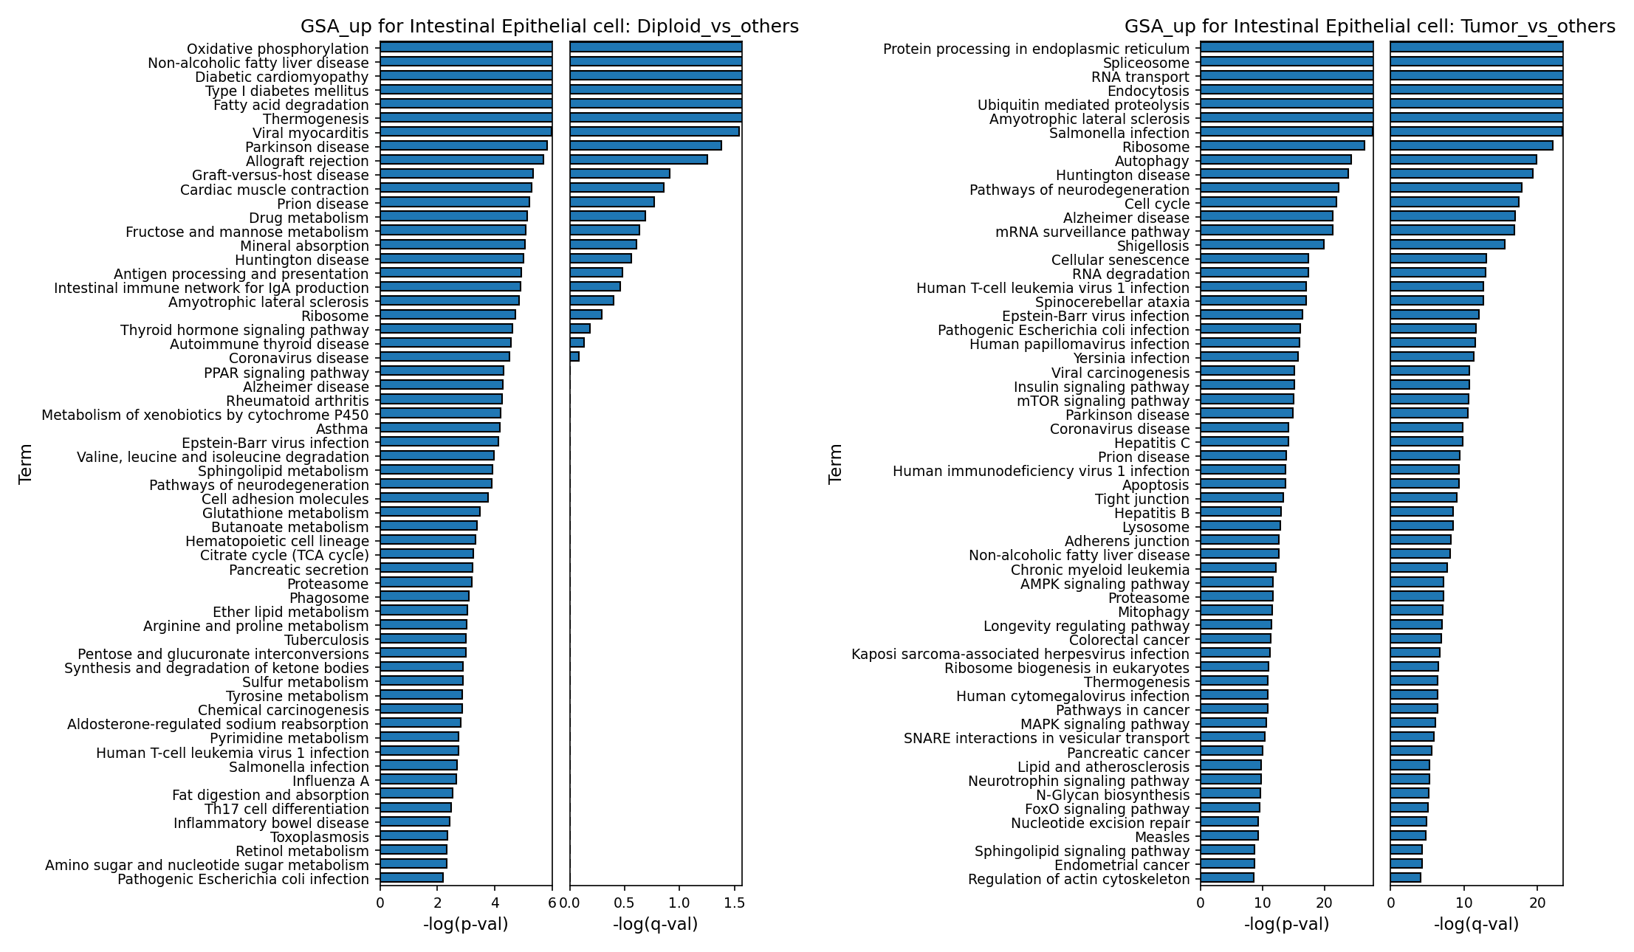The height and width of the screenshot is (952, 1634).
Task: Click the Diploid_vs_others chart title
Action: point(549,27)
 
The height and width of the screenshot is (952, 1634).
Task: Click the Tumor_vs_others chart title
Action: point(1370,27)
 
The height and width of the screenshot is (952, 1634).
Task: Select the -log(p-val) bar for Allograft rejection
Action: point(461,159)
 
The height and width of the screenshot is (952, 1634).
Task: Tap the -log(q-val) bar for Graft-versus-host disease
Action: point(619,173)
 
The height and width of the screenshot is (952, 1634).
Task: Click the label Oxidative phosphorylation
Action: point(278,49)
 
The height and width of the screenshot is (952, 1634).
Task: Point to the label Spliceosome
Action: point(1146,63)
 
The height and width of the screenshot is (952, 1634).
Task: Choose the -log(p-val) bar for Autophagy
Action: point(1276,159)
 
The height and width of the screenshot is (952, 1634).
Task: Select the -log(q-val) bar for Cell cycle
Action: point(1455,202)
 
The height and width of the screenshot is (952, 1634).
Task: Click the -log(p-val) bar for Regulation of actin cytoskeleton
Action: point(1227,877)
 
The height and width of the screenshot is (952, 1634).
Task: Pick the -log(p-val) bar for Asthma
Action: point(440,427)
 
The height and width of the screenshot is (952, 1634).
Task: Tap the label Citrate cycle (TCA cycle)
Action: point(284,555)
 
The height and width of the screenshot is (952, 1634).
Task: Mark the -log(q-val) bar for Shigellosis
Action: point(1447,244)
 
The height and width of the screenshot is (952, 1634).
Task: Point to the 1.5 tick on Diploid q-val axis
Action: point(734,903)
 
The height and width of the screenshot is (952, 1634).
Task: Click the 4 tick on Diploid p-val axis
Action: point(495,903)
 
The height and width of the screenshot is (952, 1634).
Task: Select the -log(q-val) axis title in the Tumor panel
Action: point(1476,925)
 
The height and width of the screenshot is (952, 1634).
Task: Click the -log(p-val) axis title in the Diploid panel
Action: point(465,925)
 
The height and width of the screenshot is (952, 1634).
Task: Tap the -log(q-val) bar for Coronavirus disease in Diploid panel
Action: point(574,356)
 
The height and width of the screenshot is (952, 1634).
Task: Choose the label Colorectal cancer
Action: point(1129,640)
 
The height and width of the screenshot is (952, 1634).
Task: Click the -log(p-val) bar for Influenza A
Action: point(418,779)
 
